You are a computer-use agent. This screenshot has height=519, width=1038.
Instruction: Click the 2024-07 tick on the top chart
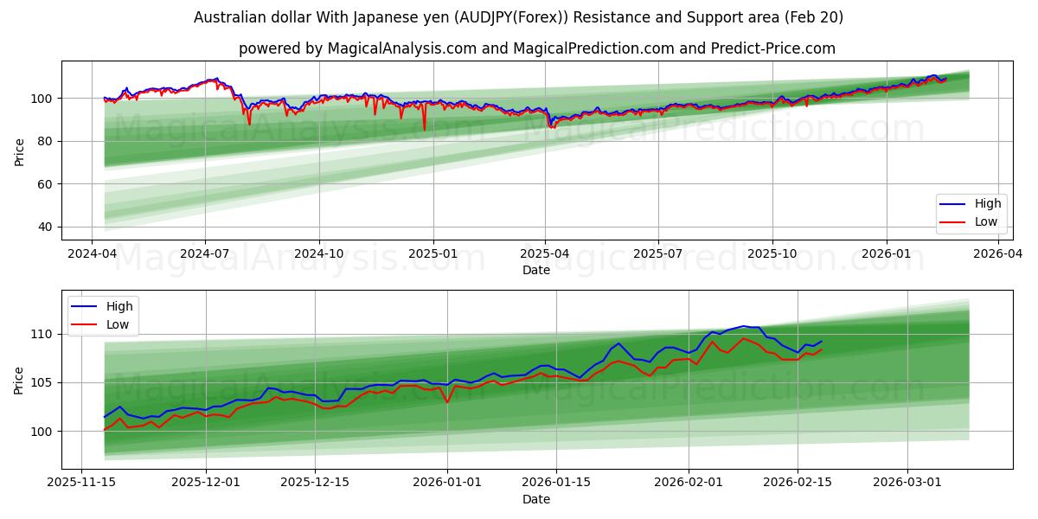[205, 253]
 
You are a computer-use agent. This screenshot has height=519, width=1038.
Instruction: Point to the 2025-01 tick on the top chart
[432, 253]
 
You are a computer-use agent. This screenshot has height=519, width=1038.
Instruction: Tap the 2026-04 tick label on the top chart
[999, 253]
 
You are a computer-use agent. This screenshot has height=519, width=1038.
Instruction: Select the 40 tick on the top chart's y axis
[45, 227]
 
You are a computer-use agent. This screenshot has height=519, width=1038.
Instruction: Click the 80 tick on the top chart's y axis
[45, 141]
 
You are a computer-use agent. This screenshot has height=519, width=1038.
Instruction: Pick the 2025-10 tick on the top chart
[772, 253]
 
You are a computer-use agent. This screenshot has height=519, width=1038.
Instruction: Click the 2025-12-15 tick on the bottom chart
[315, 483]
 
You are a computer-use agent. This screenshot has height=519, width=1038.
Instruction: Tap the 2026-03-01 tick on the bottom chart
[907, 483]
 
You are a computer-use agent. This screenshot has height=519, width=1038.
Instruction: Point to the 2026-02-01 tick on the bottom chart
[689, 483]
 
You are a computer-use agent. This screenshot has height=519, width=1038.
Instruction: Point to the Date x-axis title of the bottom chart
[536, 499]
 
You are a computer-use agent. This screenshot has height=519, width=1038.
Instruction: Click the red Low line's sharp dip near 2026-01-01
[447, 402]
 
